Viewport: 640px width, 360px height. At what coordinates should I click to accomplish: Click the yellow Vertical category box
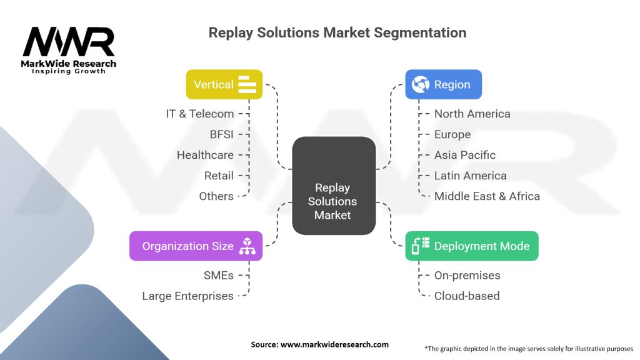[x=224, y=84]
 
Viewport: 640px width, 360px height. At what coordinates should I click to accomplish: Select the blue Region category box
[x=443, y=84]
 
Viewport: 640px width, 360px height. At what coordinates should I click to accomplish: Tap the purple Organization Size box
[x=196, y=246]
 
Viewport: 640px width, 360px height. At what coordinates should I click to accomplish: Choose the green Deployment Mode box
[x=471, y=246]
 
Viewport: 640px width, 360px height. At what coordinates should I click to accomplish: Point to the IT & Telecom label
[x=200, y=114]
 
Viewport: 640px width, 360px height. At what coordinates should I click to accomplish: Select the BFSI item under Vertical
[x=222, y=134]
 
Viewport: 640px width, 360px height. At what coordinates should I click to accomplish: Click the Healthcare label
[x=205, y=155]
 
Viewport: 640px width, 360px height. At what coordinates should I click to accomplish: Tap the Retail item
[x=219, y=176]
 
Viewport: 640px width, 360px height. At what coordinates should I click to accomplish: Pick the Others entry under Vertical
[x=216, y=196]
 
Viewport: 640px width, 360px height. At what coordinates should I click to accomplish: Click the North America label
[x=472, y=114]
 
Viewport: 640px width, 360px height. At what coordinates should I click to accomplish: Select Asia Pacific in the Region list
[x=465, y=155]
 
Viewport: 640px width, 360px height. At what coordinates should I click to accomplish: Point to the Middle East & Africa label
[x=487, y=196]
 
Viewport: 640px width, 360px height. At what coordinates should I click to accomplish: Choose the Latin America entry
[x=470, y=176]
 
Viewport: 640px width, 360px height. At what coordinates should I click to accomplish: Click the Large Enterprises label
[x=187, y=296]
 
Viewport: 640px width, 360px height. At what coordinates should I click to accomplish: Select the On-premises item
[x=467, y=275]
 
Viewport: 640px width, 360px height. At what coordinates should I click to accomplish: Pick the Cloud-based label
[x=466, y=296]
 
